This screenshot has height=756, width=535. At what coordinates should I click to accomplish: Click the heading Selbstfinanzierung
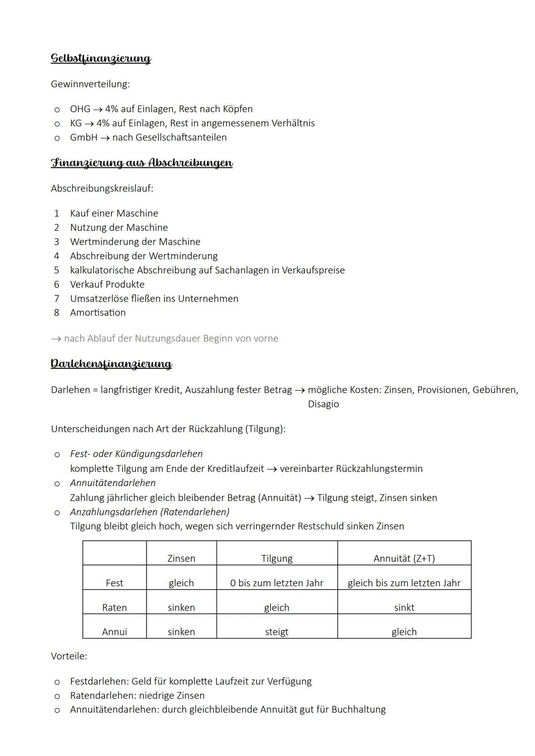tap(101, 58)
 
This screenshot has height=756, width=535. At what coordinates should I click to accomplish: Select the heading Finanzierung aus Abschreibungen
tap(142, 163)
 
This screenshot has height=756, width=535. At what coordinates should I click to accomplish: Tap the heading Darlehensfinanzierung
tap(111, 364)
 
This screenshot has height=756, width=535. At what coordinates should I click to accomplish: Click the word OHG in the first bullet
tap(80, 109)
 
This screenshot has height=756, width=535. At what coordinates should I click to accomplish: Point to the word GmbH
tap(84, 138)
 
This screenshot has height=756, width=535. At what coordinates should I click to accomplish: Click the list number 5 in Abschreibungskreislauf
tap(56, 270)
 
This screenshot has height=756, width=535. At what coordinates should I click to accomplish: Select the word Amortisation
tap(98, 313)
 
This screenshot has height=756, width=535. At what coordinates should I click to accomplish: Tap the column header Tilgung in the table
tap(276, 558)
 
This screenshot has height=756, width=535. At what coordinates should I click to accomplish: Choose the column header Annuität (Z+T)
tap(404, 558)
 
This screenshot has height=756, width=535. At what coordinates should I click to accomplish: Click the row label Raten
tap(114, 607)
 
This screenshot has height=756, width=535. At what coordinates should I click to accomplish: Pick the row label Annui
tap(114, 632)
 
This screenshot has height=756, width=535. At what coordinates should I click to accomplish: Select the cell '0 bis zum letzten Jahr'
tap(276, 583)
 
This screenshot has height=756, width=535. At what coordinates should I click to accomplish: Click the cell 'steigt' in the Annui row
tap(276, 632)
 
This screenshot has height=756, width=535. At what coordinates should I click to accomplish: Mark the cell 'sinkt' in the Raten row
tap(404, 607)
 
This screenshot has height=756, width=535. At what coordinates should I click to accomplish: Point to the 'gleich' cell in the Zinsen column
tap(181, 583)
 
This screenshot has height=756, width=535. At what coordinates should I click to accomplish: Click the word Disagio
tap(323, 404)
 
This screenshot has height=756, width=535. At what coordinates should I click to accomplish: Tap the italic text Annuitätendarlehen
tap(113, 483)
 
